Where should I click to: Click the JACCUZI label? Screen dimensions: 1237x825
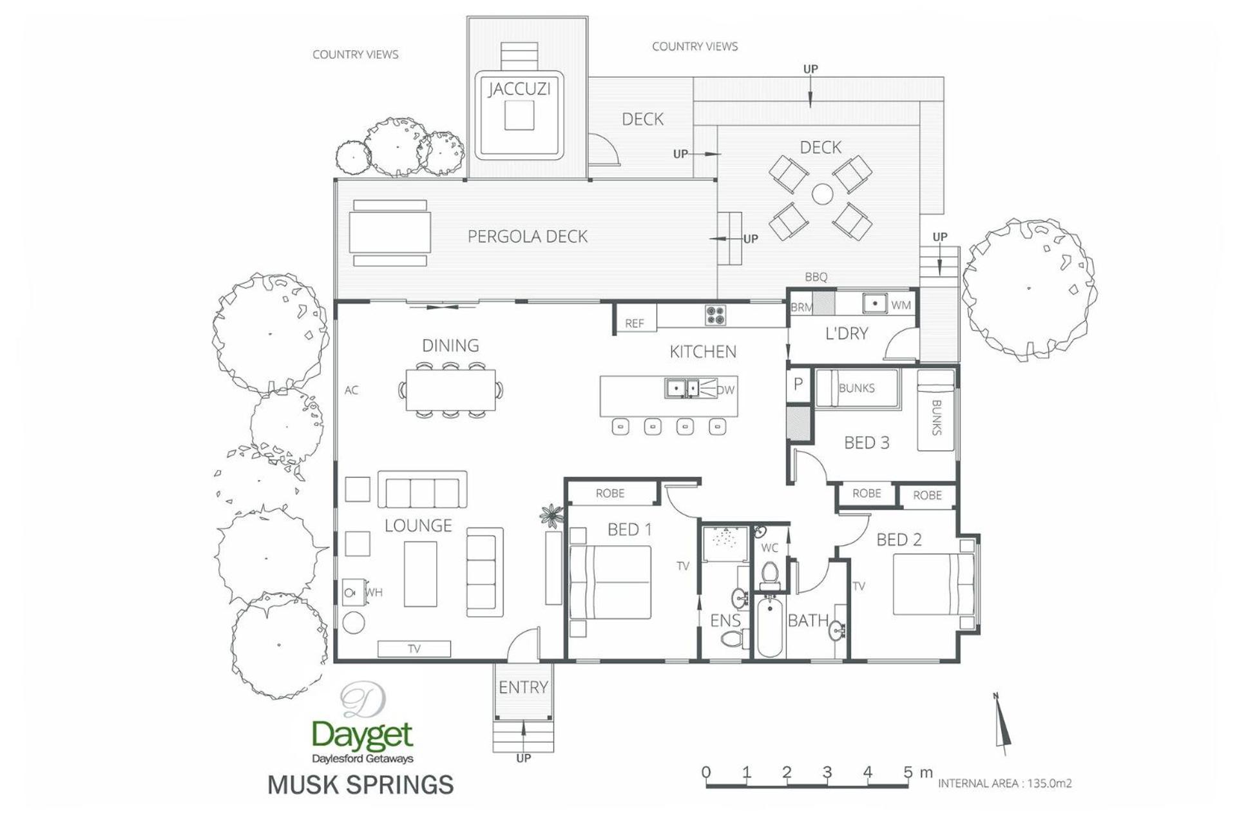point(519,89)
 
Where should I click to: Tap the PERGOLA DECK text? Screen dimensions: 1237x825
point(527,237)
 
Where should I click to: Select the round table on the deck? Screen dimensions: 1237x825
point(822,194)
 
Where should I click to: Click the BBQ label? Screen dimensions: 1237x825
point(816,277)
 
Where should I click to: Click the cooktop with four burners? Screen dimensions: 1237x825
point(715,315)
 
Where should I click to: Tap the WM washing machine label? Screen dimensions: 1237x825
point(901,305)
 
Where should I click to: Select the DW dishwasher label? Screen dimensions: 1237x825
point(725,389)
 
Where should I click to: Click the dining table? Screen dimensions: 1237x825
point(450,389)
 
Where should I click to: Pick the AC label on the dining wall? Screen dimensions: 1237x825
point(351,390)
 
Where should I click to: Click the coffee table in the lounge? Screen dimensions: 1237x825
point(420,574)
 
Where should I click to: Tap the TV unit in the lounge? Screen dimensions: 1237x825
point(414,648)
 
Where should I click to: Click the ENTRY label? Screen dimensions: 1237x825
point(523,687)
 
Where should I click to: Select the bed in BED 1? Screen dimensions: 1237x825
point(609,583)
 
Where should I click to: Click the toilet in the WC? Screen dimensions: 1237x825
point(769,576)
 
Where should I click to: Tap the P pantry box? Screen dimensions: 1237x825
point(798,385)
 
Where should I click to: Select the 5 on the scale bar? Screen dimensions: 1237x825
point(908,772)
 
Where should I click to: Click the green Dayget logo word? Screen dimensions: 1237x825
point(362,735)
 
